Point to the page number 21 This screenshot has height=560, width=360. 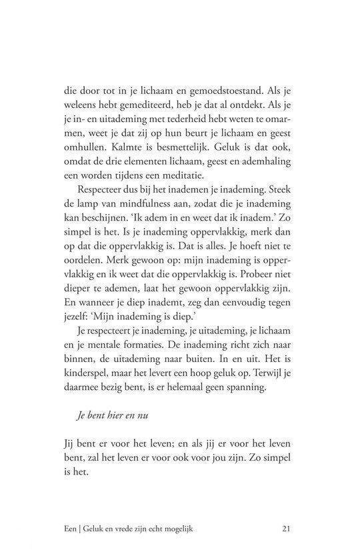(x=285, y=530)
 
